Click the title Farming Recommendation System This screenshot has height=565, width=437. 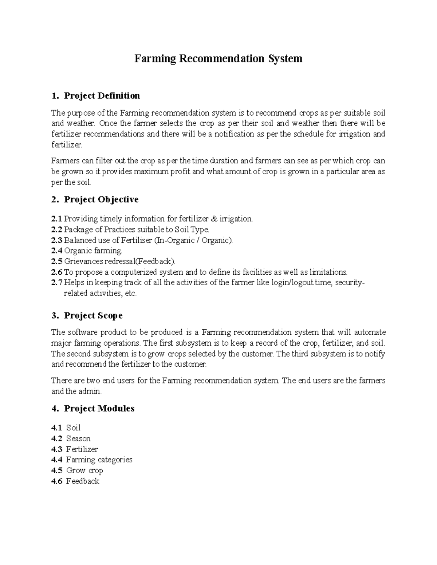pos(218,59)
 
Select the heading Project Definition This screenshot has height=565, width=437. pos(102,96)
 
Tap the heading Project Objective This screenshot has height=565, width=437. pos(101,200)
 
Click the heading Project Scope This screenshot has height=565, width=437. pos(93,315)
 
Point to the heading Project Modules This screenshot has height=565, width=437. pos(99,409)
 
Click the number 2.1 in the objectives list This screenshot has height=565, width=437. pos(57,219)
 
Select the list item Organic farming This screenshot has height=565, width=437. pos(93,251)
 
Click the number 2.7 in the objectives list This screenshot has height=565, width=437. pos(57,283)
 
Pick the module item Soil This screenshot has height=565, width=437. pos(73,428)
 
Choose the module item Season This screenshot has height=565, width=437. pos(78,438)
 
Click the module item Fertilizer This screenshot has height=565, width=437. pos(82,449)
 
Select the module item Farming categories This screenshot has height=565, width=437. pos(99,460)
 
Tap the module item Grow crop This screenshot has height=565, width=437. pos(84,470)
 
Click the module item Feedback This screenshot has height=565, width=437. pos(83,481)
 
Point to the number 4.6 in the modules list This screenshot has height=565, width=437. pos(57,481)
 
